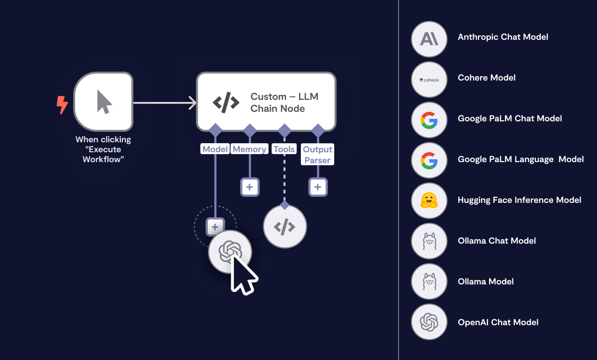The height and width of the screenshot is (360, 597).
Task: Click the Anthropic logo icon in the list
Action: coord(429,38)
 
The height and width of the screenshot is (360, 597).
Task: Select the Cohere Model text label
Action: coord(486,78)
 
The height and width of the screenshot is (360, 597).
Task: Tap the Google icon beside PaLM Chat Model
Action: coord(429,119)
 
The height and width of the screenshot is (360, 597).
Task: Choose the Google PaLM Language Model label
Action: coord(520,160)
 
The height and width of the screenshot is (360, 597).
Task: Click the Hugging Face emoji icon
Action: coord(429,200)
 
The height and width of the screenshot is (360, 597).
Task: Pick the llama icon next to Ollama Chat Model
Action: coord(429,241)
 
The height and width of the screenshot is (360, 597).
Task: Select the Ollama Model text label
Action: coord(486,281)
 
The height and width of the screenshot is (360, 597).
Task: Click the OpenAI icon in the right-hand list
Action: coord(429,322)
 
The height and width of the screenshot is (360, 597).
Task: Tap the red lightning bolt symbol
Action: coord(62,104)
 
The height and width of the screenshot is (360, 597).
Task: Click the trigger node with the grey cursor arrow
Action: coord(103,102)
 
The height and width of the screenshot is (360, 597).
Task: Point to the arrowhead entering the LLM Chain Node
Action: coord(193,103)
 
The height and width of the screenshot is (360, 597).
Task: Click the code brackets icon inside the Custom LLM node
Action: coord(226,102)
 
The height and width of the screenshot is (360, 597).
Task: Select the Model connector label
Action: coord(214,149)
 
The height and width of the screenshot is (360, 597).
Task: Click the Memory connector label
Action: coord(249,149)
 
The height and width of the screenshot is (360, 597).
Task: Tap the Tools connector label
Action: coord(284,149)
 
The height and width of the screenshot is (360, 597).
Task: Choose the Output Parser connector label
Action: coord(317,154)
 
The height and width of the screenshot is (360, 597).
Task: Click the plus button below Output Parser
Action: coord(318,187)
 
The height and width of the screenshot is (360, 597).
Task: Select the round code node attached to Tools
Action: coord(285,227)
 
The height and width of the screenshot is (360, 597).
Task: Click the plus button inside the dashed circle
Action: coord(214,227)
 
